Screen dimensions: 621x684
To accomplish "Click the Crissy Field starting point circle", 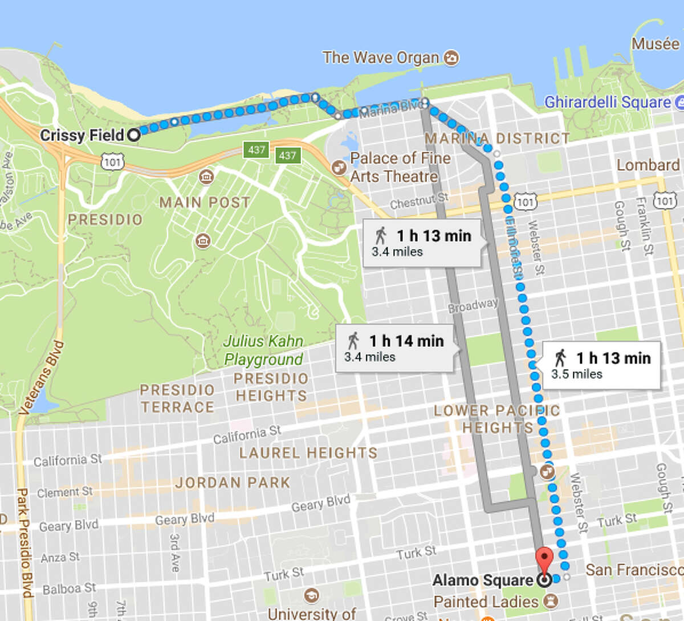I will (x=133, y=135).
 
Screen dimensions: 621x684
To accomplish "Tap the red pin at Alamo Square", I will (x=545, y=559).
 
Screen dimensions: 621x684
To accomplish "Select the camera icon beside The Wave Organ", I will (x=451, y=58).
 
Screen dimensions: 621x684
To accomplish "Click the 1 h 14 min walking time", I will (x=406, y=341).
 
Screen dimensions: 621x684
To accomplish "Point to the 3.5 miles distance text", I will (x=576, y=374).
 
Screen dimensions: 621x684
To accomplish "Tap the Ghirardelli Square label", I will (x=607, y=103).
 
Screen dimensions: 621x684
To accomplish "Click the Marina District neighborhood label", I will (x=497, y=138).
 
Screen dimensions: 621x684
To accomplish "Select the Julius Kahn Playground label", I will (x=263, y=350).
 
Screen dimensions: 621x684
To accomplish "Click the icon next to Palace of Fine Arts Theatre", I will (x=339, y=167).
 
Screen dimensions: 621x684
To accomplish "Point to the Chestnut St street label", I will (x=419, y=201).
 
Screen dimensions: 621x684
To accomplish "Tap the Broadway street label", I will (x=473, y=305).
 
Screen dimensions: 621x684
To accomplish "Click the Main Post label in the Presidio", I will (x=205, y=203).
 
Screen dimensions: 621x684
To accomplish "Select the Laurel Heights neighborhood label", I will (x=308, y=453).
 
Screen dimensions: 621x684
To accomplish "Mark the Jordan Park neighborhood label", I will (x=233, y=483).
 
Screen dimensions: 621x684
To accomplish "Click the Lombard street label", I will (x=648, y=165).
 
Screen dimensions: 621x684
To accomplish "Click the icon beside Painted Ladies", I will (x=551, y=601).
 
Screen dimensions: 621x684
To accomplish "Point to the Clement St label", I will (x=64, y=492).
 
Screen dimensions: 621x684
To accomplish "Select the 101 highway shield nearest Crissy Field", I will (x=112, y=162).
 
